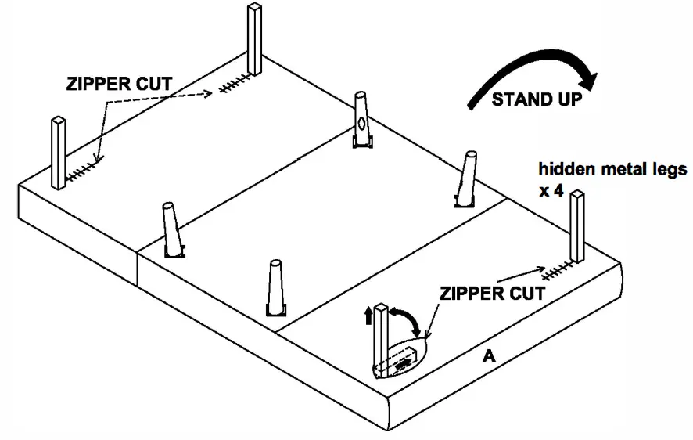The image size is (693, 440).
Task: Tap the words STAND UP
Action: [x=536, y=99]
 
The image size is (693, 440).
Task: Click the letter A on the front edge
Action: [x=488, y=356]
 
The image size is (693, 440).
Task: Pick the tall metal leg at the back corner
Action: [x=254, y=39]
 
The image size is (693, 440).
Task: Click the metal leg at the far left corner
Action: [x=58, y=153]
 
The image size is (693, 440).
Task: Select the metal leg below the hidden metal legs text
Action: [x=577, y=227]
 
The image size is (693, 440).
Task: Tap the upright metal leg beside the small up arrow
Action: [x=381, y=337]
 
